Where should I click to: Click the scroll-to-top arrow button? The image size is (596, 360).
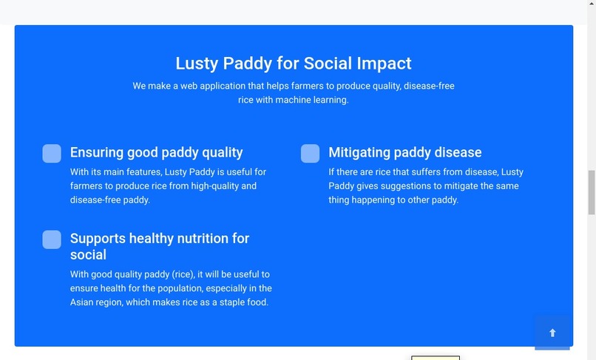[552, 333]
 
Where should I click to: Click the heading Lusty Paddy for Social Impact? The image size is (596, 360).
[294, 64]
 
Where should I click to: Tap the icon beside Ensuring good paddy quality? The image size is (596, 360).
[52, 153]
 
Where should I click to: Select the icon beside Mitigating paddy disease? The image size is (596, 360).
[310, 153]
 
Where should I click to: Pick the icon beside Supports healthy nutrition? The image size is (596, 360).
[52, 240]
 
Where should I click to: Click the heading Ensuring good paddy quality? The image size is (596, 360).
[156, 152]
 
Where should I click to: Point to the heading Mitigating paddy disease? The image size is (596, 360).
[404, 152]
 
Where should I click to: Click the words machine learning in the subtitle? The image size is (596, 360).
[311, 100]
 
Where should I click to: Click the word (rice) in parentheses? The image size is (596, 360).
[183, 274]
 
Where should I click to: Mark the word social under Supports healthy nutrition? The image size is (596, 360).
[88, 254]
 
